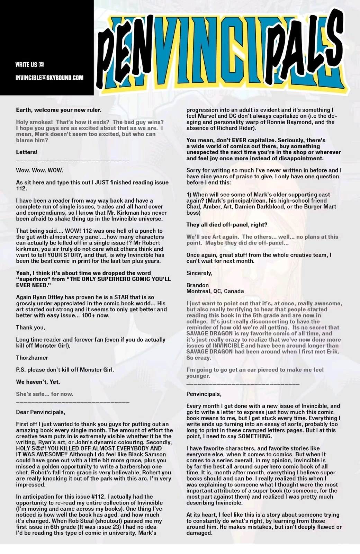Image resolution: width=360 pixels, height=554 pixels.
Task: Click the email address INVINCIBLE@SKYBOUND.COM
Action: pyautogui.click(x=49, y=78)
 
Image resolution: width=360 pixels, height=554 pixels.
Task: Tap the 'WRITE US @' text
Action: pyautogui.click(x=29, y=64)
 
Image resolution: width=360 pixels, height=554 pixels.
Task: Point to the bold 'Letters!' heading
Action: pyautogui.click(x=27, y=152)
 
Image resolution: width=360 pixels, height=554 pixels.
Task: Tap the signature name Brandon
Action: pyautogui.click(x=197, y=285)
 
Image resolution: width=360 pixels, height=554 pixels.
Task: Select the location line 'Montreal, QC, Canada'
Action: pyautogui.click(x=215, y=291)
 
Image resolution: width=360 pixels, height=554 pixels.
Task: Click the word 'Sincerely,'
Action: pyautogui.click(x=199, y=273)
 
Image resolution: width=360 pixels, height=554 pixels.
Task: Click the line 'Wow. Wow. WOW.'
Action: pyautogui.click(x=39, y=170)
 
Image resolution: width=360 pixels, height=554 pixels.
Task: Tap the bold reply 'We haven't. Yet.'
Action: pyautogui.click(x=38, y=382)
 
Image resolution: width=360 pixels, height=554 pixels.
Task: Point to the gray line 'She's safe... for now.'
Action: pyautogui.click(x=45, y=394)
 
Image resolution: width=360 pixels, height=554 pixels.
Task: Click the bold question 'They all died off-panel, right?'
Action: pyautogui.click(x=227, y=225)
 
